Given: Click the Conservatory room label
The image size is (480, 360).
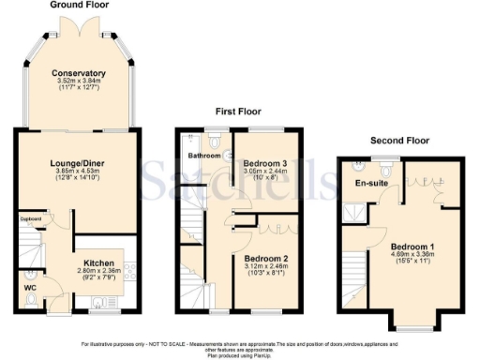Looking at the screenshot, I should click(x=78, y=73).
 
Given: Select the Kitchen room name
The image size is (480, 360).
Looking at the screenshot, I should click(x=100, y=263).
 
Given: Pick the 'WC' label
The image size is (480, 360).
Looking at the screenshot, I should click(x=29, y=277).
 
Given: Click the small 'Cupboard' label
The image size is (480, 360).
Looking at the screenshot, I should click(x=29, y=221).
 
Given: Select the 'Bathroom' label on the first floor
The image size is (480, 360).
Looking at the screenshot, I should click(x=202, y=155).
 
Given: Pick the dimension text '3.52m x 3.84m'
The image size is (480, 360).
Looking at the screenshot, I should click(x=78, y=82).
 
